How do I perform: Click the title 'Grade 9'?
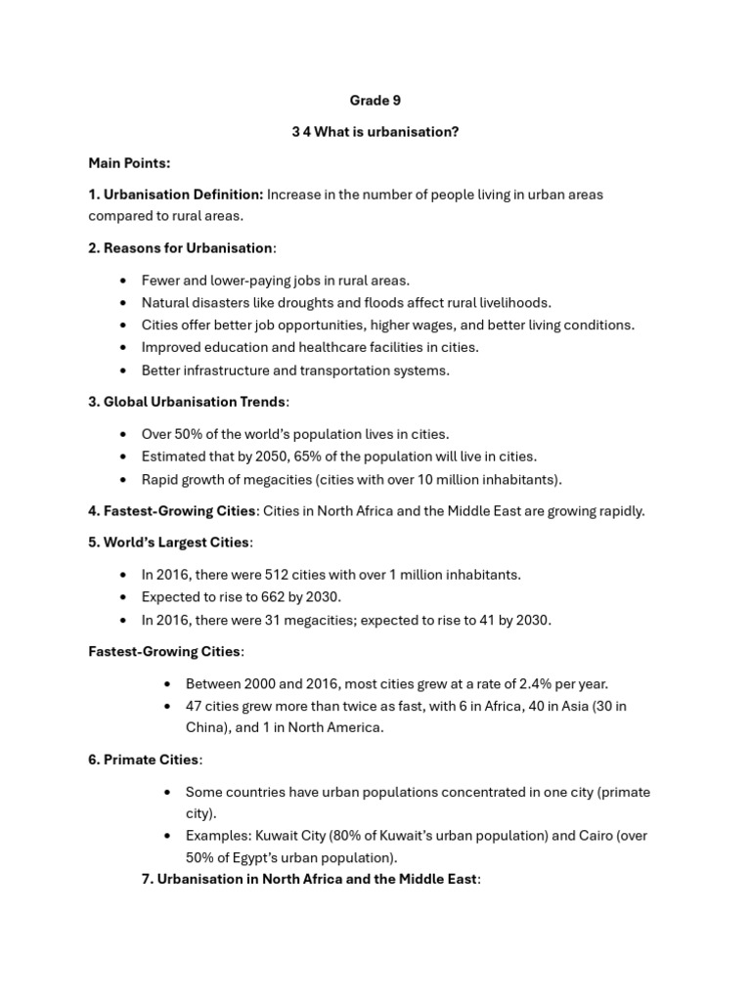point(375,100)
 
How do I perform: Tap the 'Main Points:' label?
point(129,162)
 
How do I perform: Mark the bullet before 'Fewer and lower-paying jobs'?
point(122,282)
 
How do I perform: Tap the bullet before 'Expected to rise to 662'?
point(122,597)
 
